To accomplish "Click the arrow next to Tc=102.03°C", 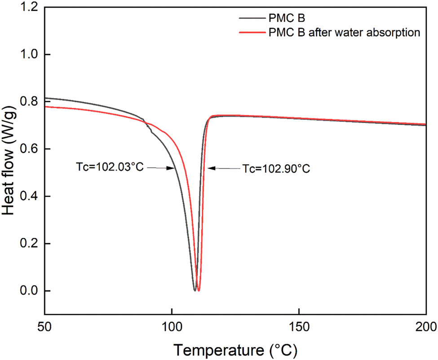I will click(161, 168).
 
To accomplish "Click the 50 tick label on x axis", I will click(44, 325).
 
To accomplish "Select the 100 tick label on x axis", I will click(171, 325).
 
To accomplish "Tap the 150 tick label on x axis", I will click(298, 325).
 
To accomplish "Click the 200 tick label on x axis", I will click(425, 325).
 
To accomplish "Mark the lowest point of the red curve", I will click(198, 290).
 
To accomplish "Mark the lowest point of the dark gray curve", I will click(195, 290).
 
